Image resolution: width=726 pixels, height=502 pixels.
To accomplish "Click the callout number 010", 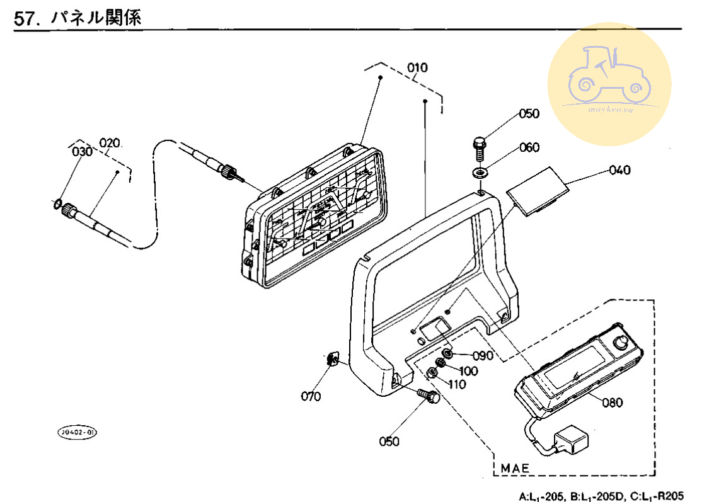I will pyautogui.click(x=417, y=68).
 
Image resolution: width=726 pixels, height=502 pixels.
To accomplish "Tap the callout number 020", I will pyautogui.click(x=109, y=143).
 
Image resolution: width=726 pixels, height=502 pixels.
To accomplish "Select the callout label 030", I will pyautogui.click(x=81, y=152).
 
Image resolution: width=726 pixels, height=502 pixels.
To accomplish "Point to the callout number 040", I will pyautogui.click(x=619, y=170).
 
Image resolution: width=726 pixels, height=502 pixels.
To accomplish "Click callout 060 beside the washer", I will pyautogui.click(x=529, y=147).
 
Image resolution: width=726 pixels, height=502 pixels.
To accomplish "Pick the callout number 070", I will pyautogui.click(x=311, y=396).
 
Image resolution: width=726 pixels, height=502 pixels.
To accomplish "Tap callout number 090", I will pyautogui.click(x=482, y=356).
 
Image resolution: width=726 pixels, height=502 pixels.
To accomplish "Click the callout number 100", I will pyautogui.click(x=468, y=371).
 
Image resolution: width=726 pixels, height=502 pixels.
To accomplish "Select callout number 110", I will pyautogui.click(x=457, y=384).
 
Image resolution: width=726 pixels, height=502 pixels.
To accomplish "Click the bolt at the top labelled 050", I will pyautogui.click(x=480, y=147).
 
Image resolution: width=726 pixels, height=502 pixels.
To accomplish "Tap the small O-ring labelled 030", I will pyautogui.click(x=56, y=203).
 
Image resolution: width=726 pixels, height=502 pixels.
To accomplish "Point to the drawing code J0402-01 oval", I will pyautogui.click(x=78, y=432).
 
